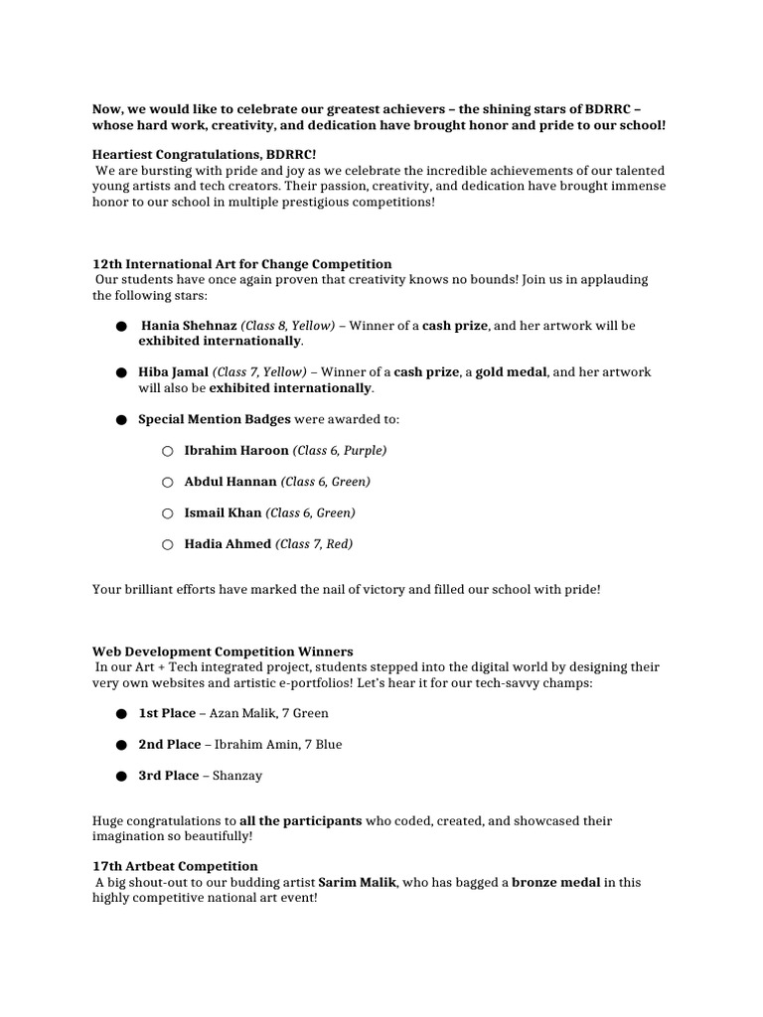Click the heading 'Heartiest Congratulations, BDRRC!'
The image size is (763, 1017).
click(204, 155)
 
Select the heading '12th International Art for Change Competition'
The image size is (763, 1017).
click(241, 264)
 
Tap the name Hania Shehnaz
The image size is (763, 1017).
click(189, 326)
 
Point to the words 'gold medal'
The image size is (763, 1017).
click(510, 372)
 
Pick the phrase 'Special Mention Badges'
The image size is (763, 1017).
click(215, 419)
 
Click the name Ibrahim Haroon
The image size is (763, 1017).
click(235, 451)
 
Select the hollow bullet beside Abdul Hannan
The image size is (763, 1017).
click(167, 483)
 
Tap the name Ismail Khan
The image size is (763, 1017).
click(223, 513)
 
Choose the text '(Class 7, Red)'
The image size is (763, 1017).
click(314, 544)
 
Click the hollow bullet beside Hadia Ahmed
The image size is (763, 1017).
click(167, 545)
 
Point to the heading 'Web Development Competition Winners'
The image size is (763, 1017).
click(223, 653)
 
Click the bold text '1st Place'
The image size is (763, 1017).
click(169, 714)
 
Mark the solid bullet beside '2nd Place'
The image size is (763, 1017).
click(120, 746)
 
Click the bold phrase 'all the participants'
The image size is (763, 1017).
click(301, 821)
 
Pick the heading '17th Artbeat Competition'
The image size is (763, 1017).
click(175, 867)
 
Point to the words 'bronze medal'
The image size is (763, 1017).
click(555, 882)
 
